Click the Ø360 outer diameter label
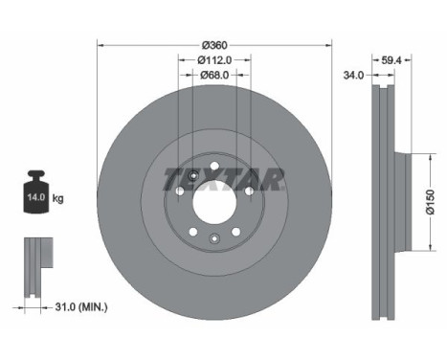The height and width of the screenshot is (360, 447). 214,45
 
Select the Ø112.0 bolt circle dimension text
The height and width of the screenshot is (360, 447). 214,59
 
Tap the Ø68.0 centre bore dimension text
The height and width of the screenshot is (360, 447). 214,75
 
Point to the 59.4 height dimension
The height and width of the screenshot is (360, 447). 391,60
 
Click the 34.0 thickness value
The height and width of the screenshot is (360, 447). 353,76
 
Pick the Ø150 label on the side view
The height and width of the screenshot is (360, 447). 431,202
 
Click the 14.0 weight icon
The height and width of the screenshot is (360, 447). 36,191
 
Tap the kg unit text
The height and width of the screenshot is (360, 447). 57,199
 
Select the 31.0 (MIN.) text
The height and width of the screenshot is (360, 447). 81,307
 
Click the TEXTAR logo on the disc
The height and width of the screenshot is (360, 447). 224,179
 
